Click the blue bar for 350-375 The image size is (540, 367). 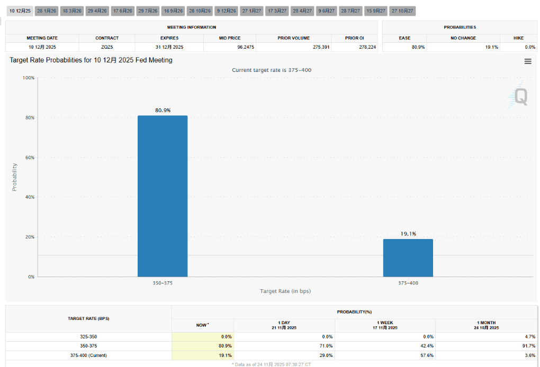(163, 196)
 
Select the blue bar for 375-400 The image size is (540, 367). (408, 258)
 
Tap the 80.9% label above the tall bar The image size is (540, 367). (163, 110)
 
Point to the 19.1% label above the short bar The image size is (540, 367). (408, 233)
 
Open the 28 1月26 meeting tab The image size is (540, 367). (47, 11)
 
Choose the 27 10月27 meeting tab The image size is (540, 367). (402, 11)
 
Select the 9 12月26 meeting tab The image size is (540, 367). (226, 11)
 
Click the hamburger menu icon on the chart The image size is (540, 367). (527, 61)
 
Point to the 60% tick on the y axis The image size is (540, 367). (29, 158)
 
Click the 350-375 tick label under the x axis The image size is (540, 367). (163, 283)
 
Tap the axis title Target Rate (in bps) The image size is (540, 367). (285, 291)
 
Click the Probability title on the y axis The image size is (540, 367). (15, 177)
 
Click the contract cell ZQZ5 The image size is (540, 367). (107, 47)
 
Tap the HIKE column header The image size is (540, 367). (518, 38)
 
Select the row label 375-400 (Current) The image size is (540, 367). (88, 355)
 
